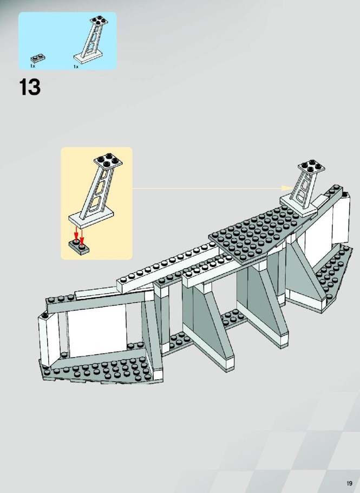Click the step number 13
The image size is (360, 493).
pyautogui.click(x=30, y=87)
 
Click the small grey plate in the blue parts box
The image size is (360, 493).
pyautogui.click(x=38, y=59)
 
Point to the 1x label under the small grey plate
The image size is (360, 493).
pyautogui.click(x=32, y=66)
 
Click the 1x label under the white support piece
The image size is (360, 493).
pyautogui.click(x=76, y=67)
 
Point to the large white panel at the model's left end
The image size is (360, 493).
pyautogui.click(x=96, y=330)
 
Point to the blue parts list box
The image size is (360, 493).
pyautogui.click(x=68, y=41)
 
